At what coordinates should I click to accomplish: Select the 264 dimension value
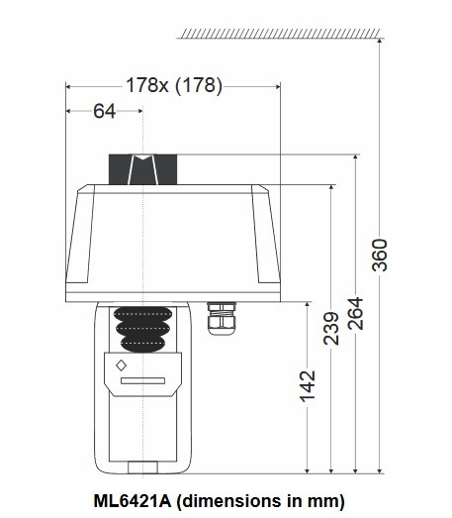(x=357, y=316)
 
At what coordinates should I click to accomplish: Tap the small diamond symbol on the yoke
(x=122, y=366)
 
